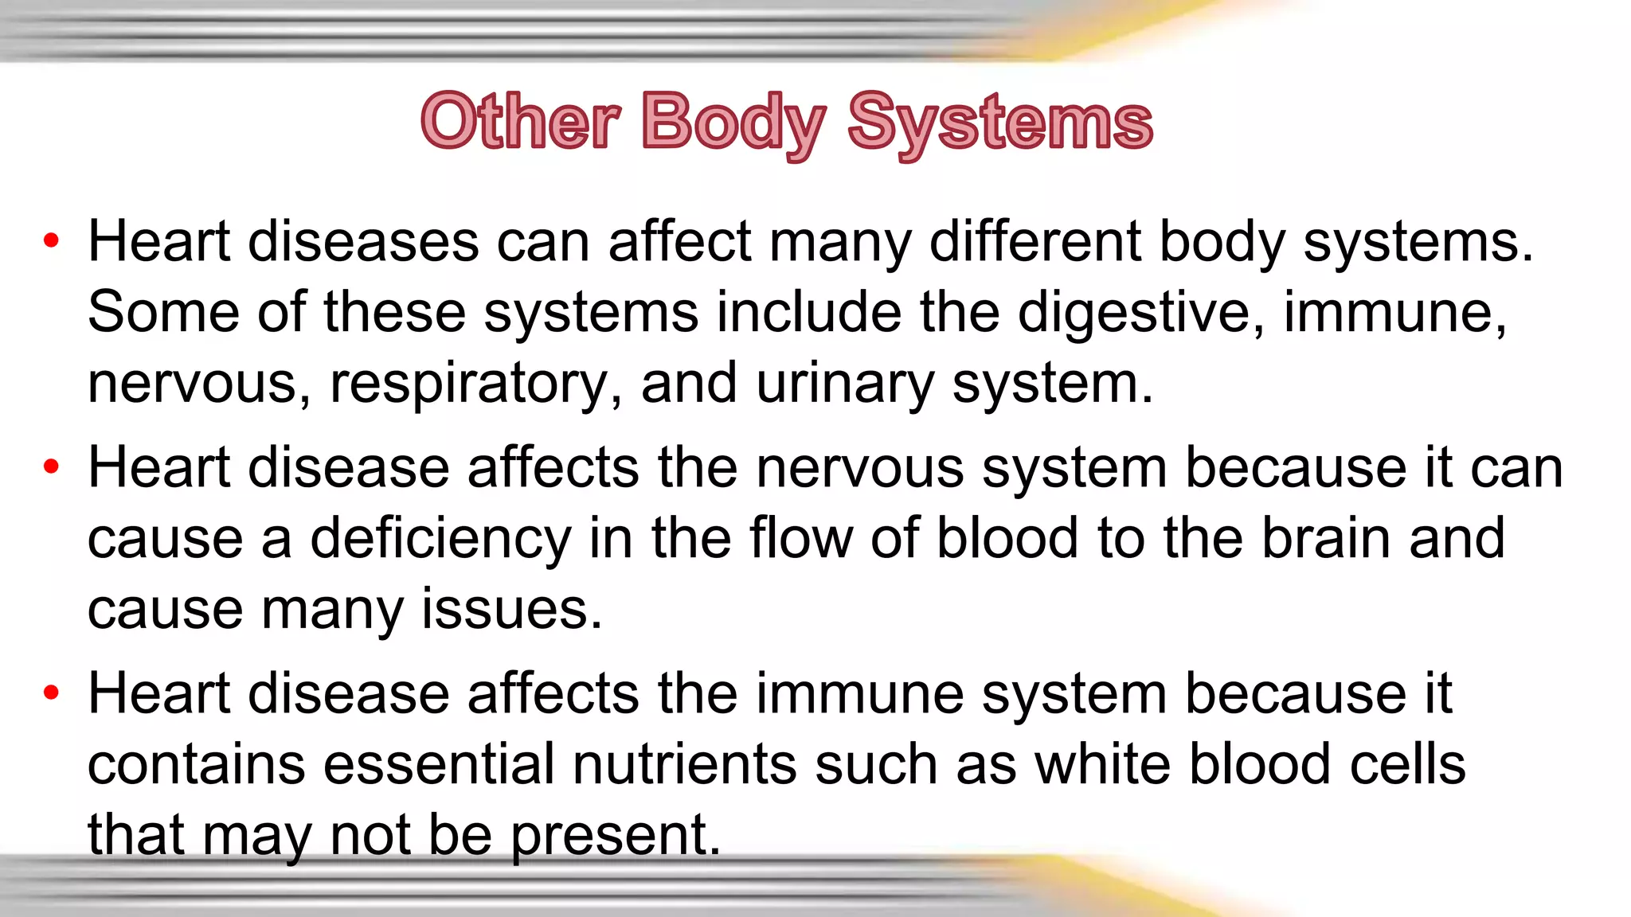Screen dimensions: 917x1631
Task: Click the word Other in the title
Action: point(519,122)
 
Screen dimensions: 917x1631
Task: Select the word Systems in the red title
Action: point(999,122)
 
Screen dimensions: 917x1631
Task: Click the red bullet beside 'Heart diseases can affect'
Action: point(52,240)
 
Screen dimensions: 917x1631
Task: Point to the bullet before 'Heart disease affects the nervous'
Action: point(52,467)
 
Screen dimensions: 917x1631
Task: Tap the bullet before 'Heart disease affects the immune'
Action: point(52,693)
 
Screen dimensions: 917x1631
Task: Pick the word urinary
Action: point(844,384)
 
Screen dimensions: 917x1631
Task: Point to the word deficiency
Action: point(440,540)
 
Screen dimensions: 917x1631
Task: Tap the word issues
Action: point(510,610)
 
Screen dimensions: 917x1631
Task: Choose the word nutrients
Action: point(684,764)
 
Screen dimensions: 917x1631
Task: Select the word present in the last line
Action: point(614,836)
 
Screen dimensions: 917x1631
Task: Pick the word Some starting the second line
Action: point(162,312)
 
